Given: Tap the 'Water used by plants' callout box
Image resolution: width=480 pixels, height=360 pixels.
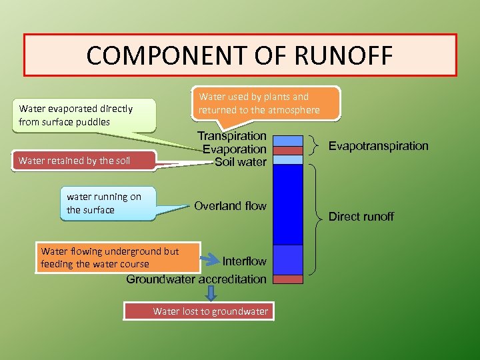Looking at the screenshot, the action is [x=265, y=103].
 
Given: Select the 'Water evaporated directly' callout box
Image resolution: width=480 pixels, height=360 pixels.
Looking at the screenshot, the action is [x=83, y=115].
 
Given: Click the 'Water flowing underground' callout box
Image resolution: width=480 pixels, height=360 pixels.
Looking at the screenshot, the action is [x=117, y=257].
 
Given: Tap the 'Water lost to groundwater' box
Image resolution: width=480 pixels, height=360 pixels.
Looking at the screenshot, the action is [x=198, y=311].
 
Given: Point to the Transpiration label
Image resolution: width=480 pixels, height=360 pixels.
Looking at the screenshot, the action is [x=231, y=136].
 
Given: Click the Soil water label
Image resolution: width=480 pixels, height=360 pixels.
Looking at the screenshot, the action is [x=240, y=161].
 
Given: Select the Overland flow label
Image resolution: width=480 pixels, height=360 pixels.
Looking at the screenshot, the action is [x=230, y=206].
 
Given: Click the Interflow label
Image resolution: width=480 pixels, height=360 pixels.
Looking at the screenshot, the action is [x=244, y=261].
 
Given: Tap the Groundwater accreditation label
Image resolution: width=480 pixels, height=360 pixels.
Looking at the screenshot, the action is [x=196, y=279].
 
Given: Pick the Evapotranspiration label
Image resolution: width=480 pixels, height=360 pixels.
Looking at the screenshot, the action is [x=378, y=146].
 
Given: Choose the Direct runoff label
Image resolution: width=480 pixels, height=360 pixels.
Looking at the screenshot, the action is [x=361, y=217].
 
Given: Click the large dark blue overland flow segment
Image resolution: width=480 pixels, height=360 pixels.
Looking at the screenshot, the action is [x=288, y=204].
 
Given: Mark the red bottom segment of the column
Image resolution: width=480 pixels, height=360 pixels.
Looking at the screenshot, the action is [x=288, y=279].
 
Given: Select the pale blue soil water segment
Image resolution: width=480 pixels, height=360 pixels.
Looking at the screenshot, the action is [x=288, y=159].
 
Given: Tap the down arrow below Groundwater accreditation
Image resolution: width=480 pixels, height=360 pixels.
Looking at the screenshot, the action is [x=211, y=293].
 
